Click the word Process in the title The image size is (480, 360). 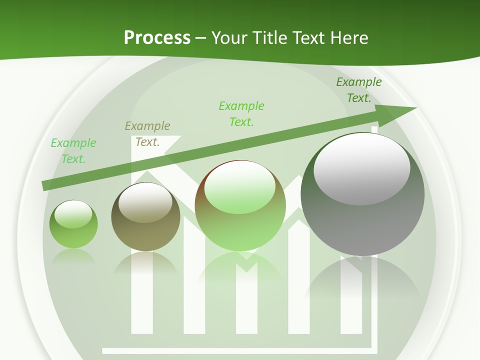pyautogui.click(x=157, y=37)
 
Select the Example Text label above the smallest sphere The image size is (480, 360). pyautogui.click(x=73, y=151)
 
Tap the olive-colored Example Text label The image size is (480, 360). pyautogui.click(x=147, y=134)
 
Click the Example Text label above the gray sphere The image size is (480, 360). pyautogui.click(x=359, y=90)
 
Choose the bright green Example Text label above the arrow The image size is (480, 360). pyautogui.click(x=241, y=113)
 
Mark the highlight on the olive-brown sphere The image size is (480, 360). pyautogui.click(x=145, y=202)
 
